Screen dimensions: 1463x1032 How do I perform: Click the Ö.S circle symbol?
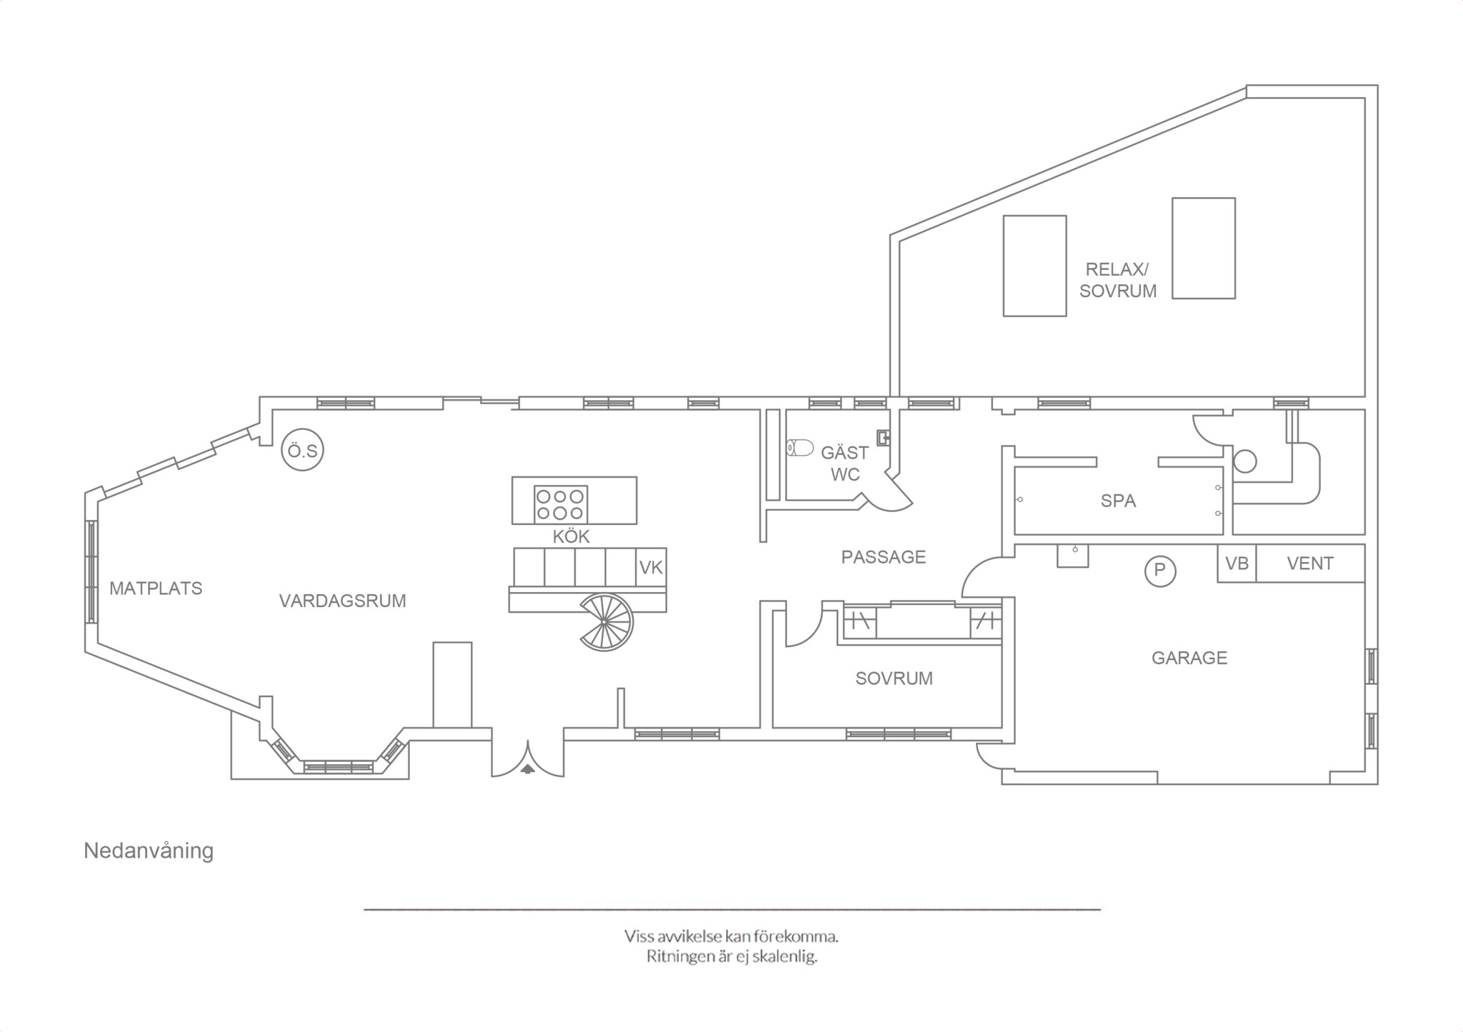point(303,450)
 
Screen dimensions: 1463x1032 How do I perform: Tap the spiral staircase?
point(606,622)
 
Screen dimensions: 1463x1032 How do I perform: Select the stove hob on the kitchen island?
point(561,504)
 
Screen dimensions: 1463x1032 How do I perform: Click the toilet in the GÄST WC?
point(800,449)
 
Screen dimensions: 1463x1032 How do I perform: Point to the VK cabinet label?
point(651,568)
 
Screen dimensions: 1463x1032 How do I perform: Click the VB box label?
point(1237,563)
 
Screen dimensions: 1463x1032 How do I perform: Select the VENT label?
point(1310,563)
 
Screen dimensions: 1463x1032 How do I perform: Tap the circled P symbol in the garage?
point(1160,571)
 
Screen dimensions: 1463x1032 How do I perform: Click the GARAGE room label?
point(1189,658)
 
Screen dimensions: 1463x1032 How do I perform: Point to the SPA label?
point(1118,501)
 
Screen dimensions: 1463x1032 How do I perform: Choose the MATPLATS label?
point(156,588)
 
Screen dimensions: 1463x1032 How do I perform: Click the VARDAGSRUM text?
point(342,601)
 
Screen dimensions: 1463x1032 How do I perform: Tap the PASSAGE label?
point(883,557)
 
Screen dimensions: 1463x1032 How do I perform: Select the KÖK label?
point(571,536)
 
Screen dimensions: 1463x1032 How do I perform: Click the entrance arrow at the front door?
point(527,769)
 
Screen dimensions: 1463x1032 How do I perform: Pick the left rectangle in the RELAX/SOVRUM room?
point(1034,266)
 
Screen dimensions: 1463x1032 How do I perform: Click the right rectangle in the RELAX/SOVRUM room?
point(1204,248)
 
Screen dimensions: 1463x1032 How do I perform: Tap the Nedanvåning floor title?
point(149,851)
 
